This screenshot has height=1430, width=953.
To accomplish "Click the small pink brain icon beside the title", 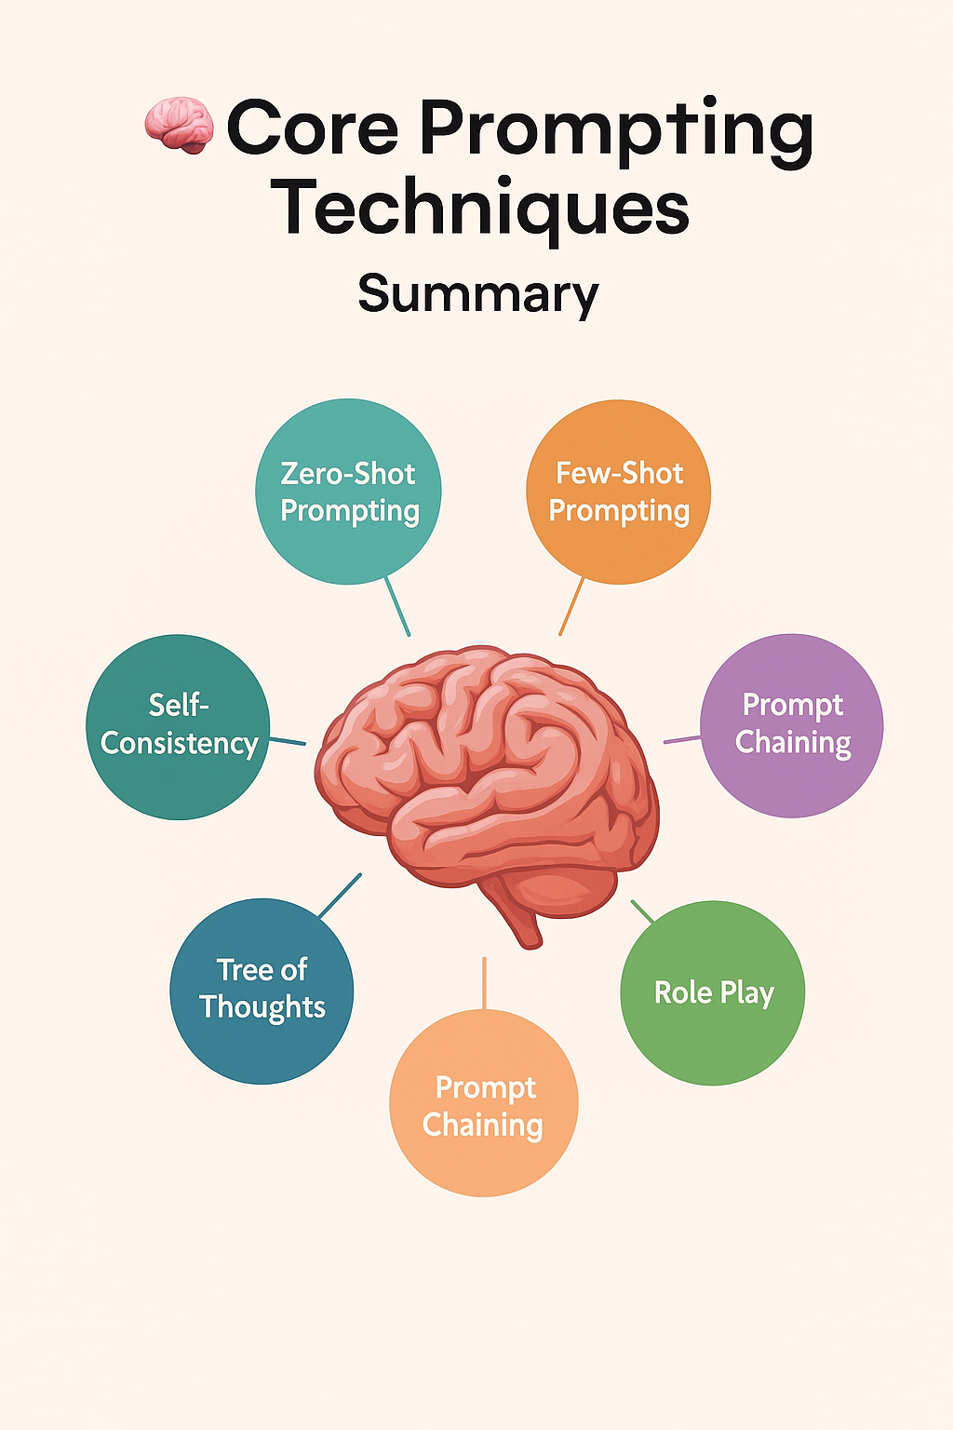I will pos(179,126).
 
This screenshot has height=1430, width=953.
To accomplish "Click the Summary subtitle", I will pos(478,293).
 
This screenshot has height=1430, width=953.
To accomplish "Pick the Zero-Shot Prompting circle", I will pos(348,492).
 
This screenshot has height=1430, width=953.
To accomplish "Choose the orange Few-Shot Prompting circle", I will pos(619,492).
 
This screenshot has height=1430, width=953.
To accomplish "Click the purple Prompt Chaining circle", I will pos(792,725).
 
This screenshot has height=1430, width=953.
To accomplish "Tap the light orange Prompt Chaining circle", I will pos(484,1104).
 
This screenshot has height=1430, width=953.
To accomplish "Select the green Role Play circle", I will pos(713,992).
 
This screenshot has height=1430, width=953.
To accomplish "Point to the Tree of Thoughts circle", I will pos(262,990).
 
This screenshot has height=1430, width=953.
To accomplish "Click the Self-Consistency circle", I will pos(179,726).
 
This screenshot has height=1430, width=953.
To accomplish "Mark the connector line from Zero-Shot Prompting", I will pos(397,606).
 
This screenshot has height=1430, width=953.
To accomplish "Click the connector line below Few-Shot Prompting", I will pos(571,606).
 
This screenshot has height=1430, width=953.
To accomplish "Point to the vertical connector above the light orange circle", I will pos(484,982).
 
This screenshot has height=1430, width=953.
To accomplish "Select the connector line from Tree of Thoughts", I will pos(340,896).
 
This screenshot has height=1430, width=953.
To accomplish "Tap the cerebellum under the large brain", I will pos(568,889).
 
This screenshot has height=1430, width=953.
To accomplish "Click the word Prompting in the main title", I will pos(616,130).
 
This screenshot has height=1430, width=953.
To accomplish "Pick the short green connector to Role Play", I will pos(643,911).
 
